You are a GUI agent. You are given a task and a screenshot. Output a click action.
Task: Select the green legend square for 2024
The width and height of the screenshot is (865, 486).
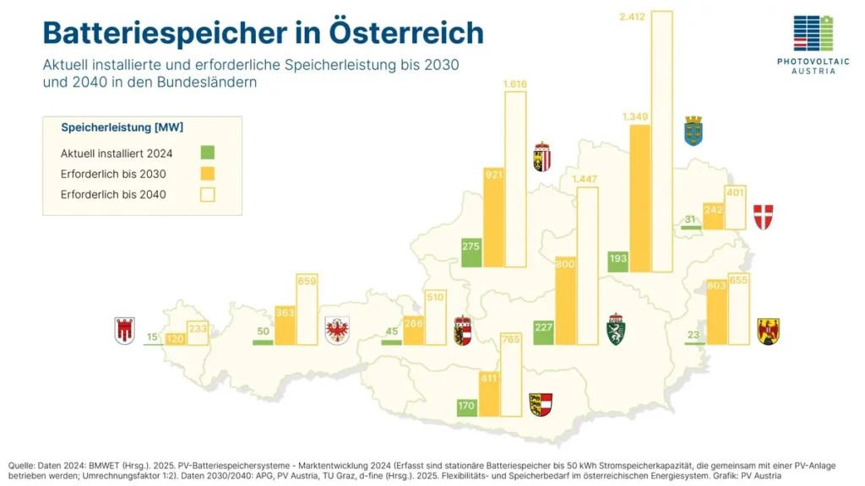(208, 153)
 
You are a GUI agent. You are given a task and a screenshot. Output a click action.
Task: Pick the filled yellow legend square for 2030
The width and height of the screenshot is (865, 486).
(208, 174)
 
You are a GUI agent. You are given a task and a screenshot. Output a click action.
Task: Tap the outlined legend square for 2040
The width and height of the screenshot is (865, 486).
(208, 195)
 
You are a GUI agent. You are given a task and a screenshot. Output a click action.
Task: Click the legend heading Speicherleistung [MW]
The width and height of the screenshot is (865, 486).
(122, 127)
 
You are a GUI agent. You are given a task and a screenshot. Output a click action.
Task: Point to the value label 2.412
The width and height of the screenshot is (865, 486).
(633, 16)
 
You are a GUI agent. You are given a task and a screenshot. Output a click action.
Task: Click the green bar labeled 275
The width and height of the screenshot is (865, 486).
(471, 252)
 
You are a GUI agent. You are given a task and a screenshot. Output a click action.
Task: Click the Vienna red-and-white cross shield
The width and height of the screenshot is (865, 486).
(763, 217)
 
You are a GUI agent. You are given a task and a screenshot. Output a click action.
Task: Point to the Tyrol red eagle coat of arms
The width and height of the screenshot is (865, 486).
(337, 330)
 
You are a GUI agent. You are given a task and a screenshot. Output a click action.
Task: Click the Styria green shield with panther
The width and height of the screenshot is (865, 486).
(617, 330)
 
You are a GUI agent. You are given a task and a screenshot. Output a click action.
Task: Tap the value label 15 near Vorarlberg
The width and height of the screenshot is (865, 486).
(152, 337)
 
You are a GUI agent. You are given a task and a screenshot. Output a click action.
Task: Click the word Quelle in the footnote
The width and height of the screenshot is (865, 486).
(22, 466)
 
